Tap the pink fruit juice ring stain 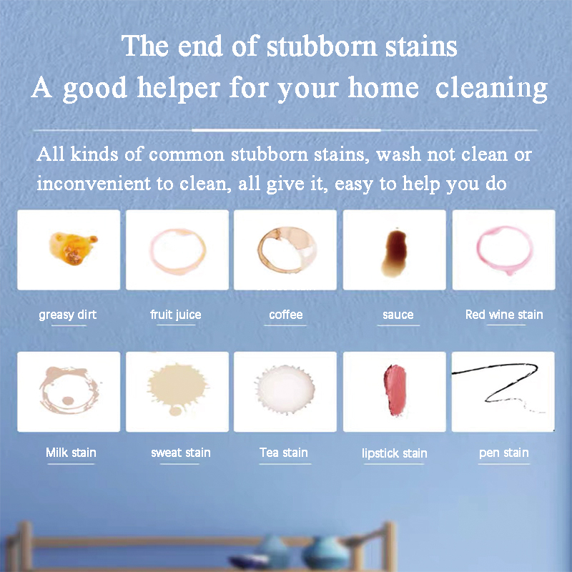coord(177,250)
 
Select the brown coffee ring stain coord(285,250)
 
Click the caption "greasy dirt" coord(68,315)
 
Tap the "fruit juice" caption coord(176,315)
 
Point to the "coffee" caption coord(286,315)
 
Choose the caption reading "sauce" coord(398,315)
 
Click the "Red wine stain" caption coord(504,315)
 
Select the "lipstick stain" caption coord(395,453)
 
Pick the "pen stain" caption coord(504,453)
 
